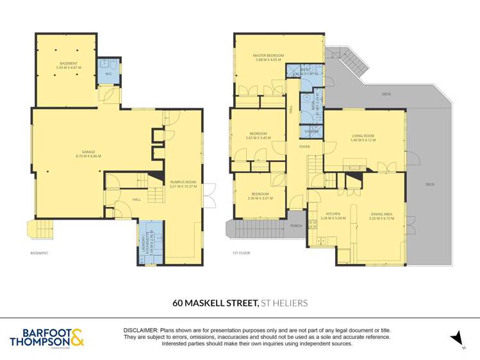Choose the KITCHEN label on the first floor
click(x=333, y=216)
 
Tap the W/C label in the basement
click(x=108, y=74)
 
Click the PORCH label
click(x=296, y=226)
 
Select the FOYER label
click(x=304, y=147)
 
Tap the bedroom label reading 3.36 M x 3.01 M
click(x=260, y=196)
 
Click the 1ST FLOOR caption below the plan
click(x=241, y=253)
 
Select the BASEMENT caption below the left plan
click(x=39, y=253)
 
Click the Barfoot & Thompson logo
click(x=47, y=338)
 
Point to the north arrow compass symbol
click(x=456, y=338)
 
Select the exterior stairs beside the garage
click(x=40, y=229)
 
